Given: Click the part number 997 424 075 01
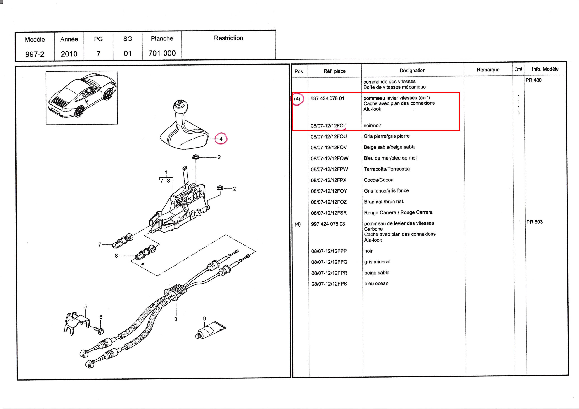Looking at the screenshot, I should [327, 99].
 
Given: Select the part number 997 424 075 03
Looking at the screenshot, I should [328, 224].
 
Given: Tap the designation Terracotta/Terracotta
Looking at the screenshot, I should [387, 169].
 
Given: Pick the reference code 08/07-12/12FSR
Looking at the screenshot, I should [329, 213].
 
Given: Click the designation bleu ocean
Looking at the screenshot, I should [376, 284].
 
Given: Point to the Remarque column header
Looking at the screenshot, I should [488, 70].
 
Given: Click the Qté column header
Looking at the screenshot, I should [518, 69].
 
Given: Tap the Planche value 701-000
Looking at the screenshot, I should [162, 53].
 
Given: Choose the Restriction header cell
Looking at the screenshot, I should [228, 38].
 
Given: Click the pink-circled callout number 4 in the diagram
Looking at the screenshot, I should [221, 139].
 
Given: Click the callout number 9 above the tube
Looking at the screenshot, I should [204, 319].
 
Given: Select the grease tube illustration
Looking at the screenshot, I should [210, 330].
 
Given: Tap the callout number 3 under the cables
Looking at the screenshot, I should [176, 319].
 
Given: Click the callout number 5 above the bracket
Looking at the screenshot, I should [86, 306].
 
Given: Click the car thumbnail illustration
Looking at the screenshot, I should [81, 98].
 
